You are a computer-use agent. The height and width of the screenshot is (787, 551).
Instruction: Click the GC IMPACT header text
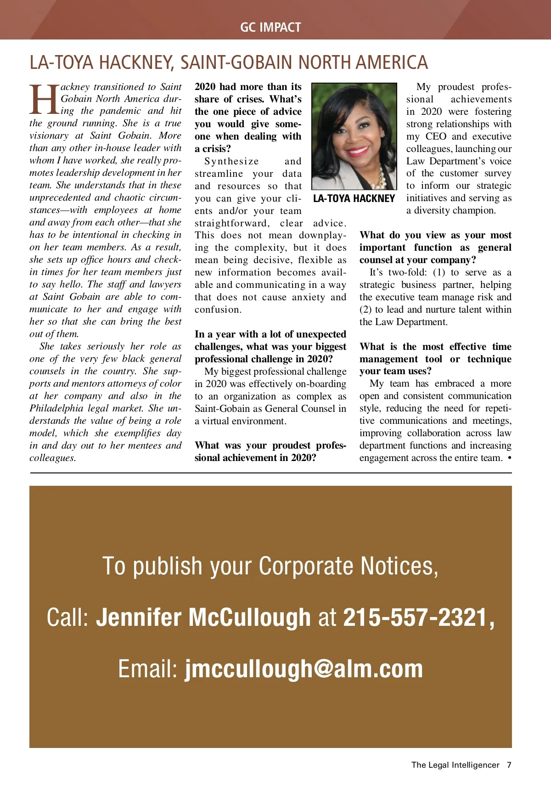[x=270, y=27]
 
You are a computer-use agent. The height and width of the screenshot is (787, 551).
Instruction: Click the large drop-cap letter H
[x=45, y=99]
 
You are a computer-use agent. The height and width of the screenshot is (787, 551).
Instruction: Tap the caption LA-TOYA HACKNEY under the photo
[x=354, y=198]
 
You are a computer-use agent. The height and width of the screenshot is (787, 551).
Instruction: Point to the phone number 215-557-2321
[x=419, y=618]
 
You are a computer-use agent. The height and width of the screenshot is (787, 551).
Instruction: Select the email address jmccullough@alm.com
[x=304, y=669]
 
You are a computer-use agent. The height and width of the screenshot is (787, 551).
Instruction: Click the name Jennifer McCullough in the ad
[x=203, y=618]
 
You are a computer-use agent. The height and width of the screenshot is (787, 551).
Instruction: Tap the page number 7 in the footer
[x=509, y=765]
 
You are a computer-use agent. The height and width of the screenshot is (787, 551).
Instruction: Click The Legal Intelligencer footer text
[x=455, y=765]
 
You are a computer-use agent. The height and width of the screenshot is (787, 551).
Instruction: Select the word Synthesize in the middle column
[x=232, y=161]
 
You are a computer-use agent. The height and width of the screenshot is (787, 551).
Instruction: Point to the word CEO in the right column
[x=436, y=136]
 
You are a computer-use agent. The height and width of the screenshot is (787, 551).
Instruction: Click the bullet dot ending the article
[x=510, y=458]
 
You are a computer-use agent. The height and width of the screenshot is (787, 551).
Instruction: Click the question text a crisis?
[x=213, y=149]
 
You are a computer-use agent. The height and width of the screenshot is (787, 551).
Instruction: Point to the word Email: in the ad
[x=148, y=669]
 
